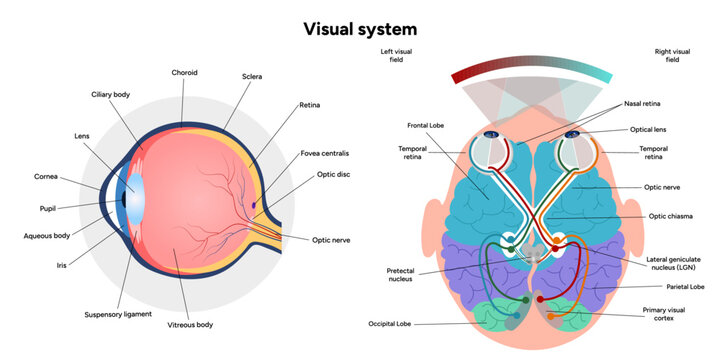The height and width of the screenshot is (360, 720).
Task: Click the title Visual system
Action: (x=360, y=28)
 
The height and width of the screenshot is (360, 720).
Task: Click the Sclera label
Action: (x=252, y=76)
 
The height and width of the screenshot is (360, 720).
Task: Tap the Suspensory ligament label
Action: (x=119, y=314)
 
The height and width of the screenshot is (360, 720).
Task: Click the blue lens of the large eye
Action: (x=131, y=195)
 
